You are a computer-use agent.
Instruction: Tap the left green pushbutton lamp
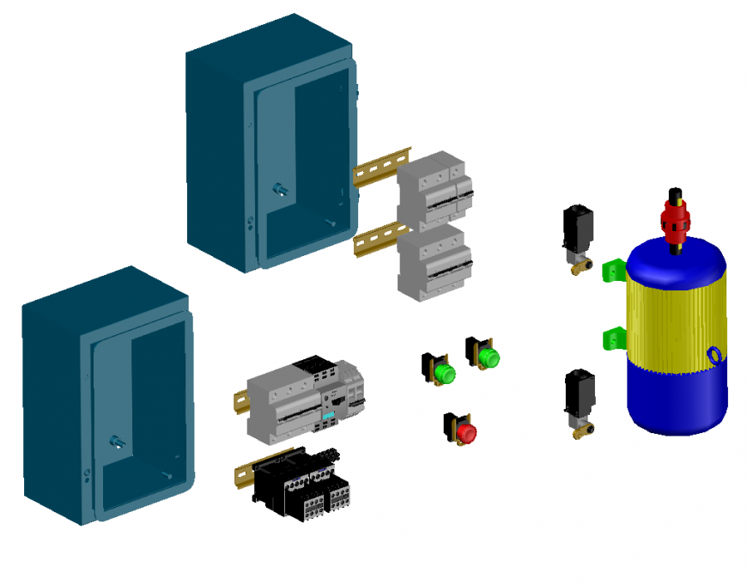tap(444, 373)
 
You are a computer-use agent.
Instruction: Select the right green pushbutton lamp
tap(488, 356)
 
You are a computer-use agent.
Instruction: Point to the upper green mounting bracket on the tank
tap(614, 271)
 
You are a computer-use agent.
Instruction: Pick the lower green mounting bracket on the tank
tap(613, 338)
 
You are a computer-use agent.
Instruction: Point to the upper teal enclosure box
tap(270, 146)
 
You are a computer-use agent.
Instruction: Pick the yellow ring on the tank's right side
tap(715, 355)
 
